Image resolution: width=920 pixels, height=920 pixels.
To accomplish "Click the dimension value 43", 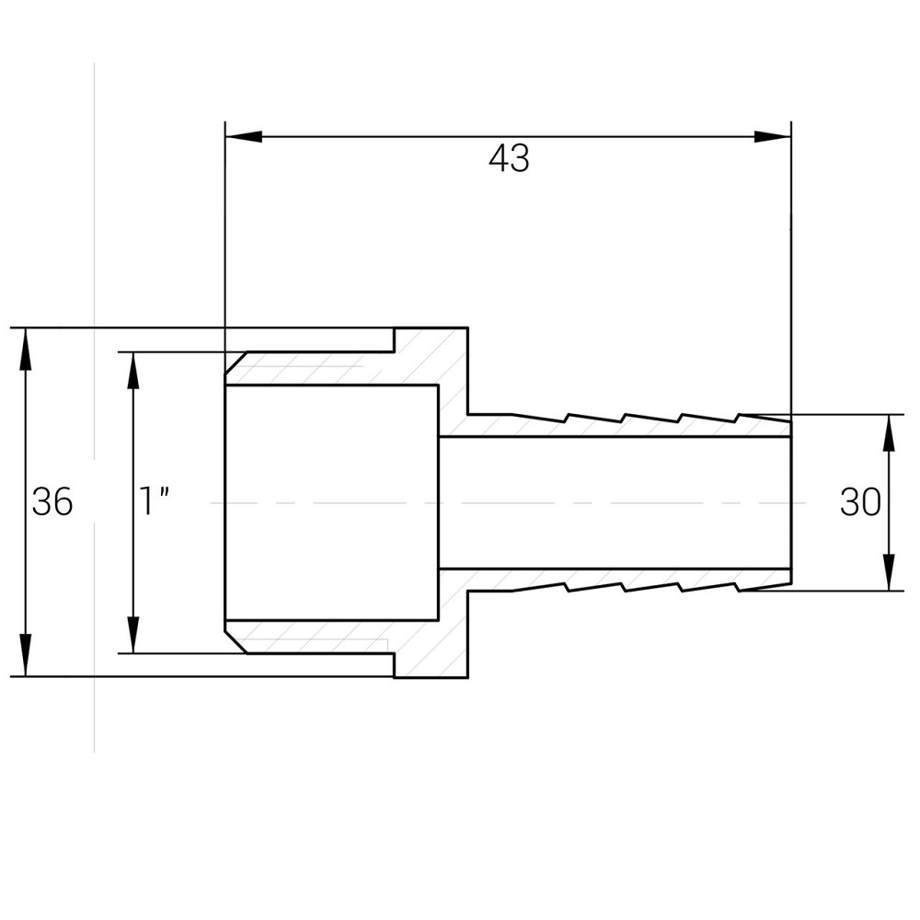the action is pos(509,158).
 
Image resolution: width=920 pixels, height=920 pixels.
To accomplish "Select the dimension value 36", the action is pos(52,501).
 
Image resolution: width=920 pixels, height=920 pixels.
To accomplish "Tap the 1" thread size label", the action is pos(154,501).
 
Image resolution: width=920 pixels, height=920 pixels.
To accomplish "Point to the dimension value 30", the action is pos(860,502).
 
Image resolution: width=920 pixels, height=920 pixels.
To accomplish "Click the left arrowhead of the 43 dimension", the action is pos(244,137).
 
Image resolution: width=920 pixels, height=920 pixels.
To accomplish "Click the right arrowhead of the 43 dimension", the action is pos(773,137).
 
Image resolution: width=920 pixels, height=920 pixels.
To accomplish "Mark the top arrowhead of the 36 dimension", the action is pos(25,348).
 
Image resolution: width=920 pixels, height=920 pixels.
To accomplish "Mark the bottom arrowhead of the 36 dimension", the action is pos(25,655).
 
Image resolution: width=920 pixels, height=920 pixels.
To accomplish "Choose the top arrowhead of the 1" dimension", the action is pos(133,371).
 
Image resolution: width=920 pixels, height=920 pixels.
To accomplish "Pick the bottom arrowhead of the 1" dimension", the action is pos(133,634).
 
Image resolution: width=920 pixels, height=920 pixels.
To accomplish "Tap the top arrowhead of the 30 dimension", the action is pos(889,433).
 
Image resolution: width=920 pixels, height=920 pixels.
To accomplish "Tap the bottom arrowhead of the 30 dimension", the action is pos(889,572).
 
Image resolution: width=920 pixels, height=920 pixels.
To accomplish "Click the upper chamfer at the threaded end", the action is pos(236,362).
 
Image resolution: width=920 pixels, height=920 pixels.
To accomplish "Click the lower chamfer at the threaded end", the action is pos(236,642).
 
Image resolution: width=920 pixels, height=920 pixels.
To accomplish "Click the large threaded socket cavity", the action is pos(332,502).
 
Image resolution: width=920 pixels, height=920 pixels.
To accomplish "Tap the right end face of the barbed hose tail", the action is pos(791,502).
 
